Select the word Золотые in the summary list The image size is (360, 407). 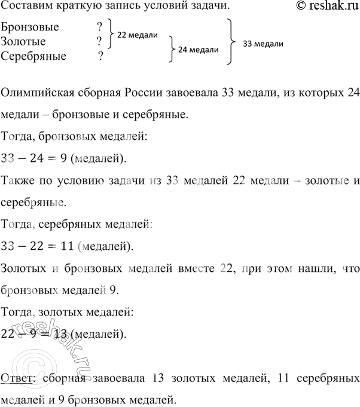coord(23,42)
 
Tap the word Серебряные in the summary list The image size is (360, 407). coord(34,56)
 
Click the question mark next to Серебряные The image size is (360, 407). coord(100,56)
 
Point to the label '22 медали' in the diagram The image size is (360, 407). coord(137,35)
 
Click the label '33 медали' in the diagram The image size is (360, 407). coord(263,44)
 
